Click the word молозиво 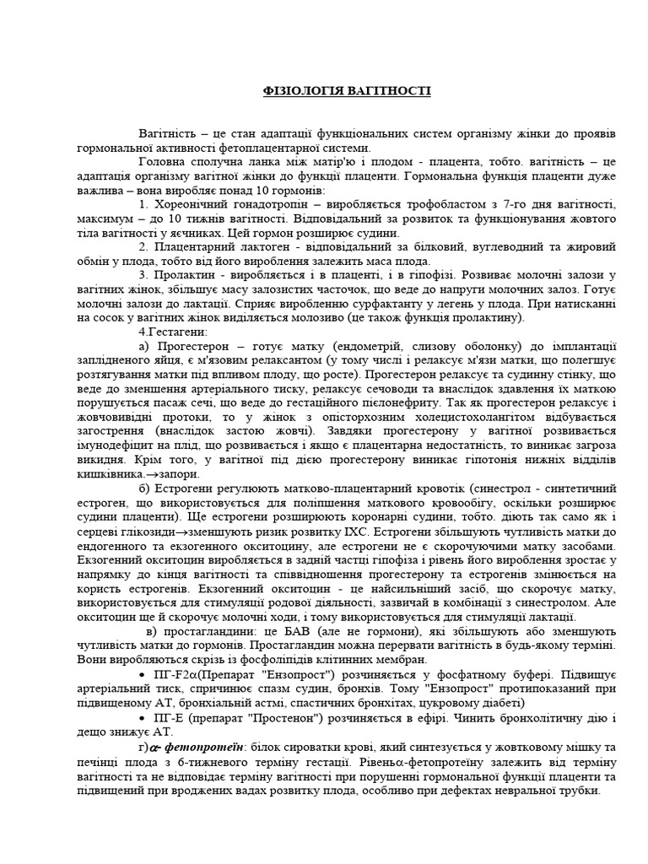341,317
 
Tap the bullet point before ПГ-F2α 139,674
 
